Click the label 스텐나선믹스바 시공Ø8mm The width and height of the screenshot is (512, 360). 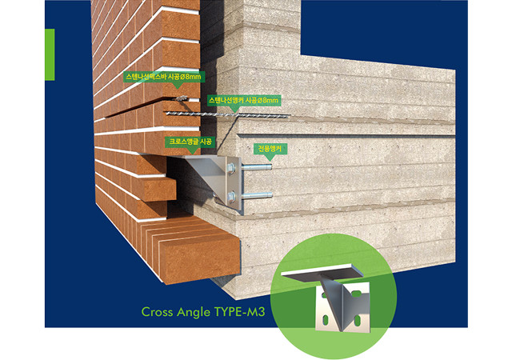point(164,77)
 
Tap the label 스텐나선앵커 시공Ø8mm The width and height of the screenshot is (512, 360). point(243,101)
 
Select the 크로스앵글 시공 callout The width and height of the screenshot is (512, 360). point(190,142)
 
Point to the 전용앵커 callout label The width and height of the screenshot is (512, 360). point(270,149)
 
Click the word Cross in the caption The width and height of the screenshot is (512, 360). point(157,312)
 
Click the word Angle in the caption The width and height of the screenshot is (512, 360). point(194,312)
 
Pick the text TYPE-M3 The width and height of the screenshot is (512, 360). point(239,312)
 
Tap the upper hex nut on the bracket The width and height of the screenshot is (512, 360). point(231,167)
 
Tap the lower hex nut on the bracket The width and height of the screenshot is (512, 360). point(231,196)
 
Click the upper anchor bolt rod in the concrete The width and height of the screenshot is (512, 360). point(257,167)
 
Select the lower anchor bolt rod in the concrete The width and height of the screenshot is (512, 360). point(257,196)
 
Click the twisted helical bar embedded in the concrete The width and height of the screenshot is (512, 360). point(228,114)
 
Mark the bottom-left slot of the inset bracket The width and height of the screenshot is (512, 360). point(326,319)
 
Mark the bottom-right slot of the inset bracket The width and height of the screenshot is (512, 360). point(358,319)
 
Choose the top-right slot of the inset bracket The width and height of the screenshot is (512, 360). point(356,294)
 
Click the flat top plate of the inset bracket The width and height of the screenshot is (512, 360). point(322,271)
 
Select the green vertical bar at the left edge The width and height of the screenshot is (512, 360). point(50,54)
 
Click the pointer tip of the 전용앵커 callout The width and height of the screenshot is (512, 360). point(270,161)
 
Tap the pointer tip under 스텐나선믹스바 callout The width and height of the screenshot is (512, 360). point(178,88)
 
